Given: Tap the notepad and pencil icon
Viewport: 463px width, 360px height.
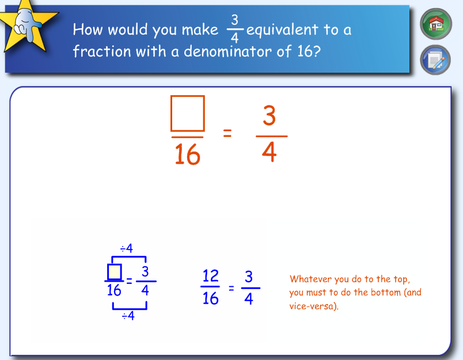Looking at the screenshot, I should (436, 59).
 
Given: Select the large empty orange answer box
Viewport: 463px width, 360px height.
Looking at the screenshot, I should (188, 113).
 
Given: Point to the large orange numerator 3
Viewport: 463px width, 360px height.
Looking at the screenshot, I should (269, 116).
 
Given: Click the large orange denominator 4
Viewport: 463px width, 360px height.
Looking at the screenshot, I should (269, 153).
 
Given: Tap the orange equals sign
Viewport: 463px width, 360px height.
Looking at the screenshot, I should (227, 134).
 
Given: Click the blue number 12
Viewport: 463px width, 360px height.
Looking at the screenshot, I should (210, 276).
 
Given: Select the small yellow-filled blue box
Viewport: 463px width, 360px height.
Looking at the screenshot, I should (114, 271).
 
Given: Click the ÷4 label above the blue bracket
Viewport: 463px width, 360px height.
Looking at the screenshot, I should (126, 248).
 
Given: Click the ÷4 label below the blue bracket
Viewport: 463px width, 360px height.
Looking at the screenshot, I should (128, 316).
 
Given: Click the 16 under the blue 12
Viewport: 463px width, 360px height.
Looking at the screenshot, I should (211, 298).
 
